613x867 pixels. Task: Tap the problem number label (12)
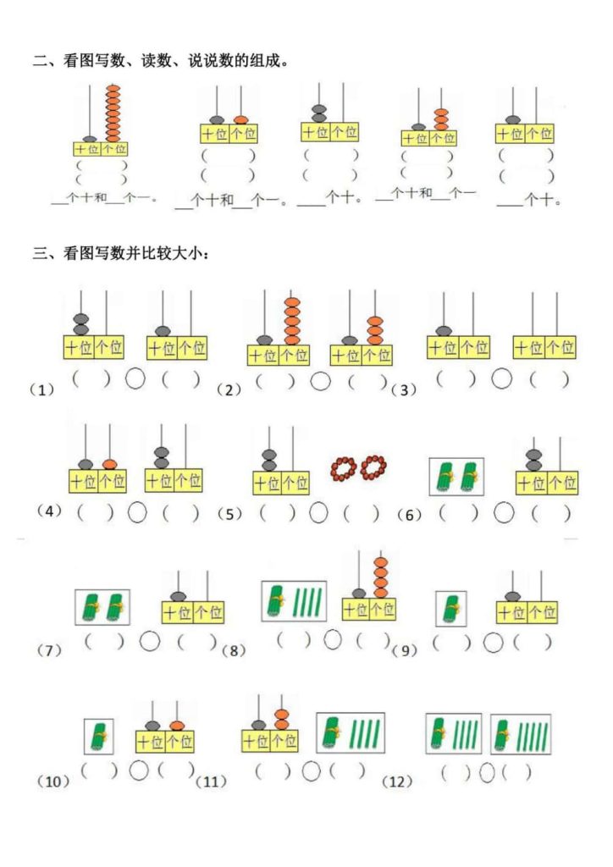point(397,781)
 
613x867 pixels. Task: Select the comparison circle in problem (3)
point(502,378)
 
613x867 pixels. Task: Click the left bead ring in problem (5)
point(345,467)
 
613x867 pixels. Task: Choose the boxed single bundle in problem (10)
point(99,737)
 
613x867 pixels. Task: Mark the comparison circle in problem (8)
point(332,640)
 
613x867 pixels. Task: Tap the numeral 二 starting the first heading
point(39,60)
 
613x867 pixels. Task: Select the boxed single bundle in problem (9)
point(450,609)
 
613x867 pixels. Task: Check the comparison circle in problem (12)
point(487,772)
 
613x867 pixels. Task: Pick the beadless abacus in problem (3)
point(544,334)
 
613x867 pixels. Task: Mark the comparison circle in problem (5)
point(318,512)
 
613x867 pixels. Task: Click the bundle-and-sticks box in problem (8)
point(295,602)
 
